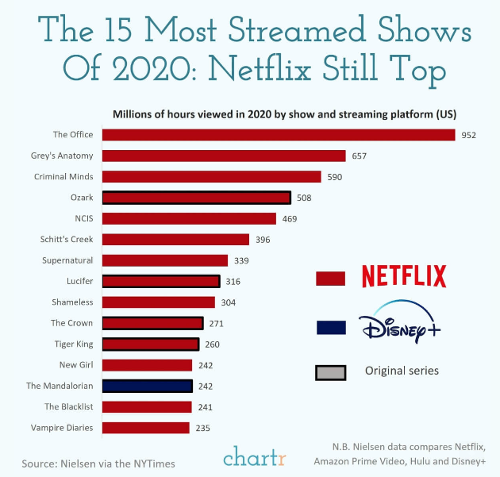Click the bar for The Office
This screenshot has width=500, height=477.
[x=278, y=135]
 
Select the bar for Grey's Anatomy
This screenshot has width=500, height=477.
[x=224, y=156]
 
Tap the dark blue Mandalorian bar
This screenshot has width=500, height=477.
[x=147, y=386]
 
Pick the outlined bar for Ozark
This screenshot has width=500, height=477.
[x=196, y=198]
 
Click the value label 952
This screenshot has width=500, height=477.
[x=469, y=135]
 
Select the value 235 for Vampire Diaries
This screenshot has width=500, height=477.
[x=203, y=428]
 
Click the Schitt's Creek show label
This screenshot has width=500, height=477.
[x=67, y=239]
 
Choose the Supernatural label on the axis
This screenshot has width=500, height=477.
[x=67, y=260]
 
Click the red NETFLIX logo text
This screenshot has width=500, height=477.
[x=404, y=276]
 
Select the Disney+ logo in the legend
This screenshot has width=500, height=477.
[x=398, y=326]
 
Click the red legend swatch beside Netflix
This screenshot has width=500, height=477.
[x=330, y=278]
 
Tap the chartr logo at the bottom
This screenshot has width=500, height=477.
[x=255, y=457]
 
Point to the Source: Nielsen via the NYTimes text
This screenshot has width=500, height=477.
[x=98, y=463]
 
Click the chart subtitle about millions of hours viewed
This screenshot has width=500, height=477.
[x=288, y=113]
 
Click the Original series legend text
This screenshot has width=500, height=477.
[x=401, y=371]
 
